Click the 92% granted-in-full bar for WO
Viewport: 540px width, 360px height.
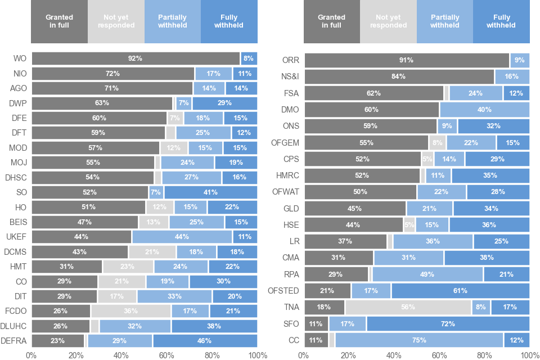click(x=135, y=58)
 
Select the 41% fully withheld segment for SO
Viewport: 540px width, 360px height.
click(x=211, y=192)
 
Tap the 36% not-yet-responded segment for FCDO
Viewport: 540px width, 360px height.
click(x=131, y=311)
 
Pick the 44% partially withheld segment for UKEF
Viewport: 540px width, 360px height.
click(x=182, y=237)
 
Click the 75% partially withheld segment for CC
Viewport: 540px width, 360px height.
click(x=419, y=340)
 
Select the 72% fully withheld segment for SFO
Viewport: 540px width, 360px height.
click(x=448, y=324)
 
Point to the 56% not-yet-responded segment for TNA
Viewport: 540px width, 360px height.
click(x=408, y=307)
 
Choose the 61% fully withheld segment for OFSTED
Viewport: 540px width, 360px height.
click(x=460, y=291)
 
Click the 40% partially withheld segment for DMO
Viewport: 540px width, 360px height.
click(x=484, y=110)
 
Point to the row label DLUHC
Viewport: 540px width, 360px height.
click(x=15, y=326)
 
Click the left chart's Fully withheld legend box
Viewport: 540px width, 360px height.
click(x=229, y=21)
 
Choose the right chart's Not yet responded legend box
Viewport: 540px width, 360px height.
click(x=388, y=21)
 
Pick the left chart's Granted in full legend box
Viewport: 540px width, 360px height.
click(x=60, y=21)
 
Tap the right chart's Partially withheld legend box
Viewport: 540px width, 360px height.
click(x=444, y=21)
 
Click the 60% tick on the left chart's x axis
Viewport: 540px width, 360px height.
click(x=167, y=355)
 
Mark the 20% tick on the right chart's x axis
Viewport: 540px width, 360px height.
click(x=349, y=355)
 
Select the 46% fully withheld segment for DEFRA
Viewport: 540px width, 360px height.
click(x=205, y=341)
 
